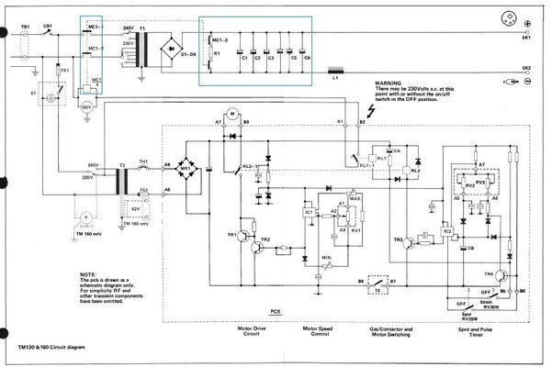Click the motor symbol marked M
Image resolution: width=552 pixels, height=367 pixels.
232,113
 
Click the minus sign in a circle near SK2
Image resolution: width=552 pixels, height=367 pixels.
526,83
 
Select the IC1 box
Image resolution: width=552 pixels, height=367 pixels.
309,215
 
